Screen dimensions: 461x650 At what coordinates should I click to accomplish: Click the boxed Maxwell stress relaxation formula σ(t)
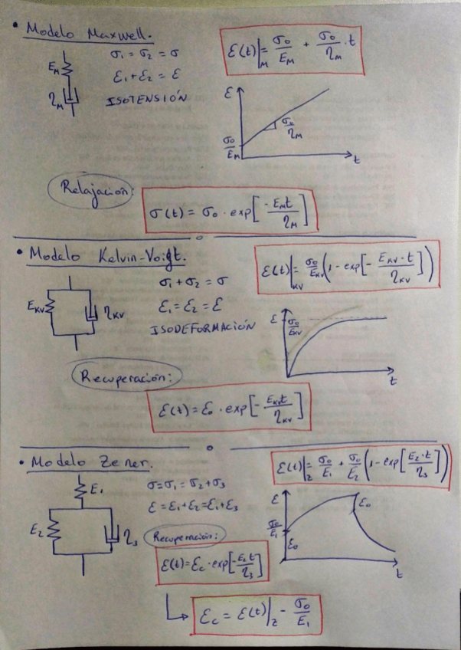click(230, 210)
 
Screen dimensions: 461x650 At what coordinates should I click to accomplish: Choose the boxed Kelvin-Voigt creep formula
click(348, 267)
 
